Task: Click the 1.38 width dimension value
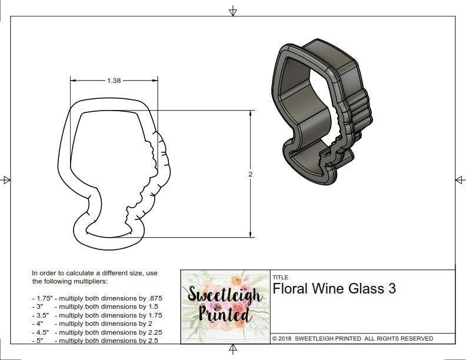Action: pyautogui.click(x=114, y=81)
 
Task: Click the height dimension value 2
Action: pyautogui.click(x=250, y=174)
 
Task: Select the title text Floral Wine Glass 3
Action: pyautogui.click(x=334, y=289)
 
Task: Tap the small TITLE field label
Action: pyautogui.click(x=280, y=277)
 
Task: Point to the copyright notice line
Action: pyautogui.click(x=352, y=338)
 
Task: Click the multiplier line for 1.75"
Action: pyautogui.click(x=97, y=298)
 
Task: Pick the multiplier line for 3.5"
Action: pyautogui.click(x=97, y=315)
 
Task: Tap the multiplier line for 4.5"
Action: pyautogui.click(x=97, y=332)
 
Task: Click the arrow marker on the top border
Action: pyautogui.click(x=233, y=11)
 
